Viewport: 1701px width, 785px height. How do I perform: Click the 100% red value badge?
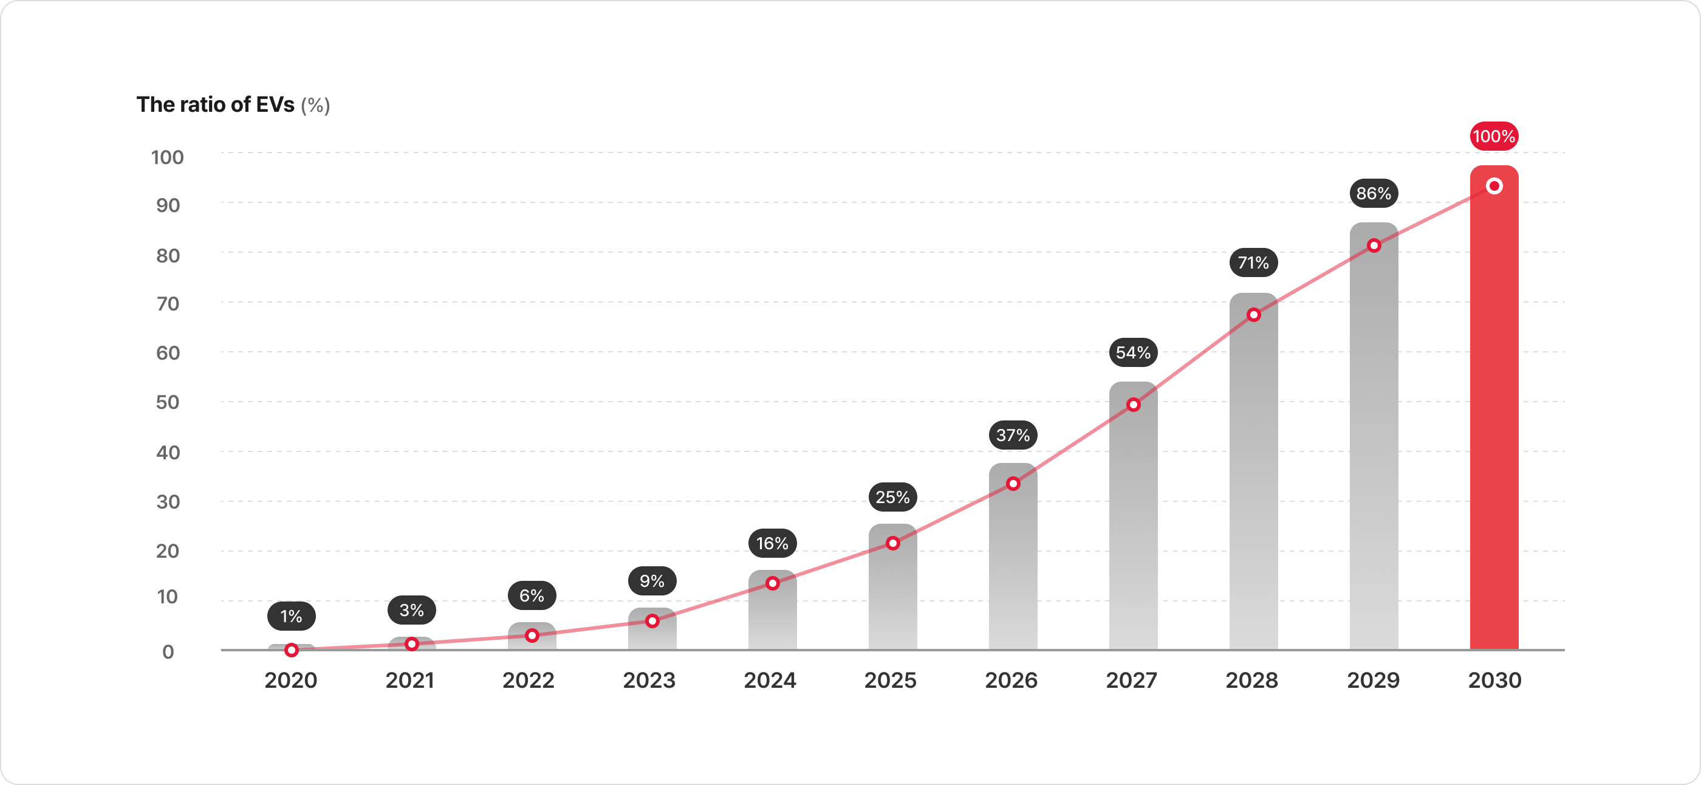point(1494,137)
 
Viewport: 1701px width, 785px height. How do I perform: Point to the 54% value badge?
point(1133,352)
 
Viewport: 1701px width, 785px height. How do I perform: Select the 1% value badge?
point(291,616)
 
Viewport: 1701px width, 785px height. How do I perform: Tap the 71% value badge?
point(1253,262)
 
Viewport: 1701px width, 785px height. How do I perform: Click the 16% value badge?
point(772,543)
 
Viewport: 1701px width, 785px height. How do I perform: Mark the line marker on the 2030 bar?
point(1494,186)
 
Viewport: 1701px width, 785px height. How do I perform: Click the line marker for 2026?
point(1013,484)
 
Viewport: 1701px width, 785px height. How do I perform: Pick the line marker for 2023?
point(652,620)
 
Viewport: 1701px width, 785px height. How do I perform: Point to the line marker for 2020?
point(291,650)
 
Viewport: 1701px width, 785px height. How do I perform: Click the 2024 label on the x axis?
point(770,680)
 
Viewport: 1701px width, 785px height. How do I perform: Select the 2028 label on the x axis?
point(1251,680)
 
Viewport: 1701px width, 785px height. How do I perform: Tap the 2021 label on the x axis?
point(409,680)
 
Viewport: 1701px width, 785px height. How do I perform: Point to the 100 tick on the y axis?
point(167,157)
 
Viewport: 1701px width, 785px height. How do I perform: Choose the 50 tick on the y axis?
point(168,402)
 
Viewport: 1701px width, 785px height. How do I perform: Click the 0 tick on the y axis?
point(168,652)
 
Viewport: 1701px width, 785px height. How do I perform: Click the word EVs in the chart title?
point(275,105)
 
